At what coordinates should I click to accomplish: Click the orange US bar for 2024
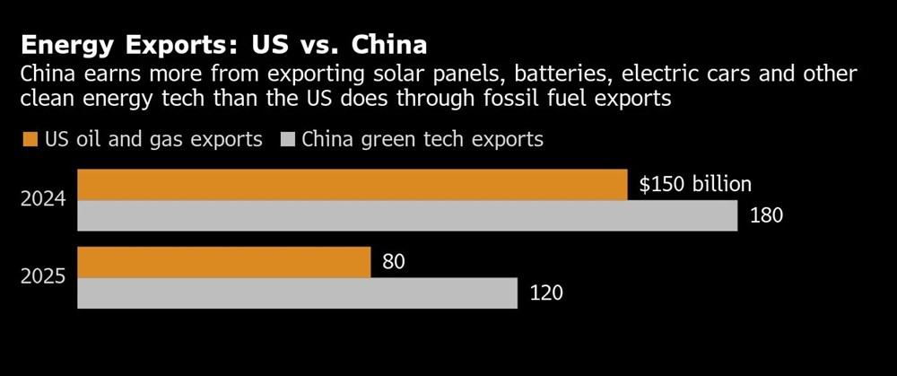click(x=352, y=185)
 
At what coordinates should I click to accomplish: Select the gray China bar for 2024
click(x=407, y=215)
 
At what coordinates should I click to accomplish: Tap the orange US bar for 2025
click(x=224, y=262)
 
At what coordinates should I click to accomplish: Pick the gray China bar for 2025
click(x=298, y=293)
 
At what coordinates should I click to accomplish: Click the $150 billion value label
click(x=694, y=185)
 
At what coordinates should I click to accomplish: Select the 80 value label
click(x=394, y=262)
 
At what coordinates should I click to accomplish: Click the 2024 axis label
click(x=43, y=200)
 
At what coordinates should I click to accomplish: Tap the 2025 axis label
click(x=43, y=277)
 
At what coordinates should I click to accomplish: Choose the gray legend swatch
click(x=288, y=139)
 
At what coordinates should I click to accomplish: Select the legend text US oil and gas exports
click(x=152, y=139)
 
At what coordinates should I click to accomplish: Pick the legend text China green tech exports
click(x=422, y=139)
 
